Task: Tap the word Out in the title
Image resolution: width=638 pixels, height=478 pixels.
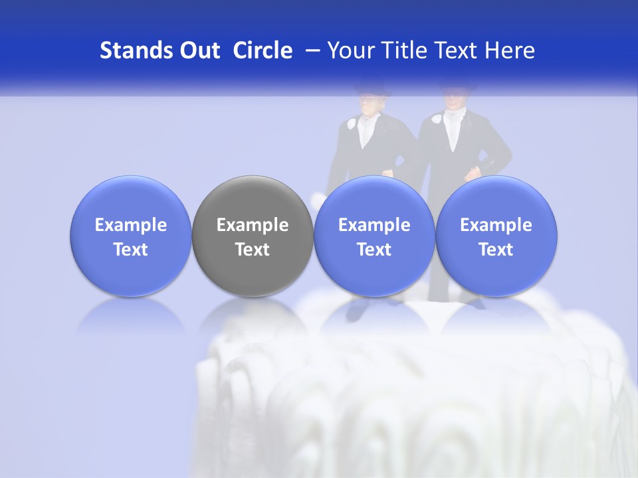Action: coord(198,50)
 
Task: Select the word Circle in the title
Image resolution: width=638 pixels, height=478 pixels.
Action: coord(263,50)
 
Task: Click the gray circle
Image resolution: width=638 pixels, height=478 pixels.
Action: coord(253,236)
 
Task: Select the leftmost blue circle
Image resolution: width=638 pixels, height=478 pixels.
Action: coord(131,236)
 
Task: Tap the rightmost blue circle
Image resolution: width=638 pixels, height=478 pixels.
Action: coord(496,236)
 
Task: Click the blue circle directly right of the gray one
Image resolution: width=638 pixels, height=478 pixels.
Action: coord(374,236)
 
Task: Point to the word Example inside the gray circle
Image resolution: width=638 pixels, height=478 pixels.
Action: coord(253,225)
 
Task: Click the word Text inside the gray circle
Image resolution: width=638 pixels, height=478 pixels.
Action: coord(253,250)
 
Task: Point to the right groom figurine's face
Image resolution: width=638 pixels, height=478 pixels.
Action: coord(454,101)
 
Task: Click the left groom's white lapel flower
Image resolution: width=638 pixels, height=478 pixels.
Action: coord(352,123)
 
